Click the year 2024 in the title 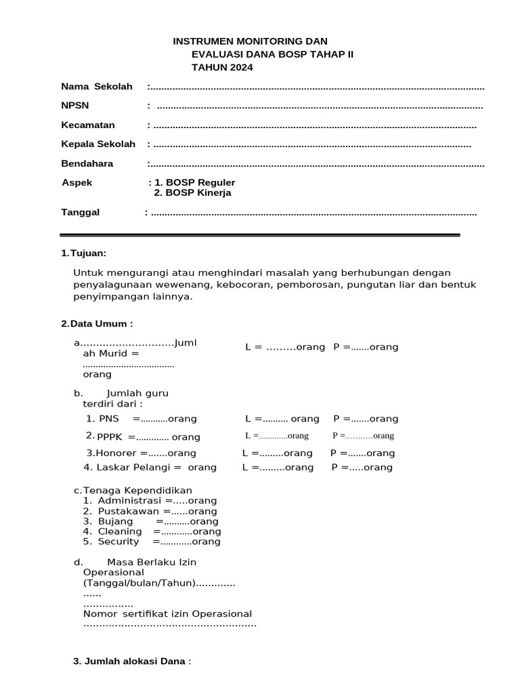[241, 67]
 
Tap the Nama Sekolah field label [97, 86]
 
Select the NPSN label [74, 105]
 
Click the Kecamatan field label [88, 125]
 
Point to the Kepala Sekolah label [98, 144]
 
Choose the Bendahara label [87, 163]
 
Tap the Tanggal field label [81, 212]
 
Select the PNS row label [108, 419]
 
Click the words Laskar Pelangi [132, 467]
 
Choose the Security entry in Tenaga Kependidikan [118, 542]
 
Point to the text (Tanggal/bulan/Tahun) [139, 583]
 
